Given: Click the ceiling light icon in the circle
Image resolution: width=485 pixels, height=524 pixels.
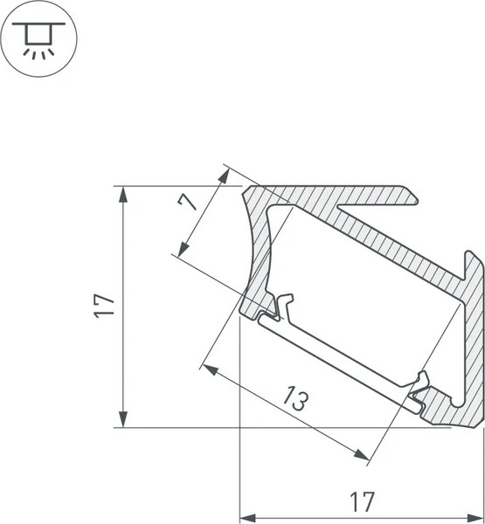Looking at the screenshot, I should point(38,39).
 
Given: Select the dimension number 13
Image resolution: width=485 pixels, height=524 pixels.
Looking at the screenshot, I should point(295,402).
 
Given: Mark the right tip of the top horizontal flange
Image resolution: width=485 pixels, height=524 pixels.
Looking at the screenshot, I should point(412,195).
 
